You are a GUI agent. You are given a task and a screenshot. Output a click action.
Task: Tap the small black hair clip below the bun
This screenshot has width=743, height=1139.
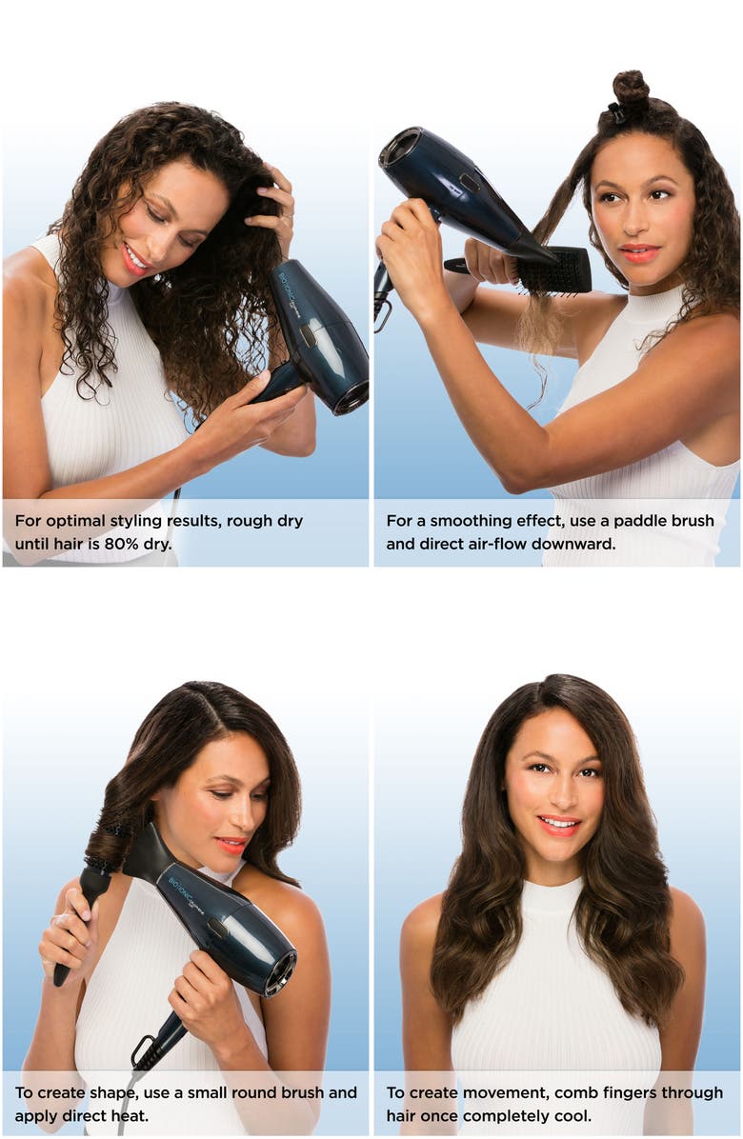click(616, 114)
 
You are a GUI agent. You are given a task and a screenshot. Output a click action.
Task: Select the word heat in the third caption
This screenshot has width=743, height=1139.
click(133, 1116)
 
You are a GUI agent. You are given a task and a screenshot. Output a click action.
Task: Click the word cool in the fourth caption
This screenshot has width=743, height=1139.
click(573, 1116)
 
